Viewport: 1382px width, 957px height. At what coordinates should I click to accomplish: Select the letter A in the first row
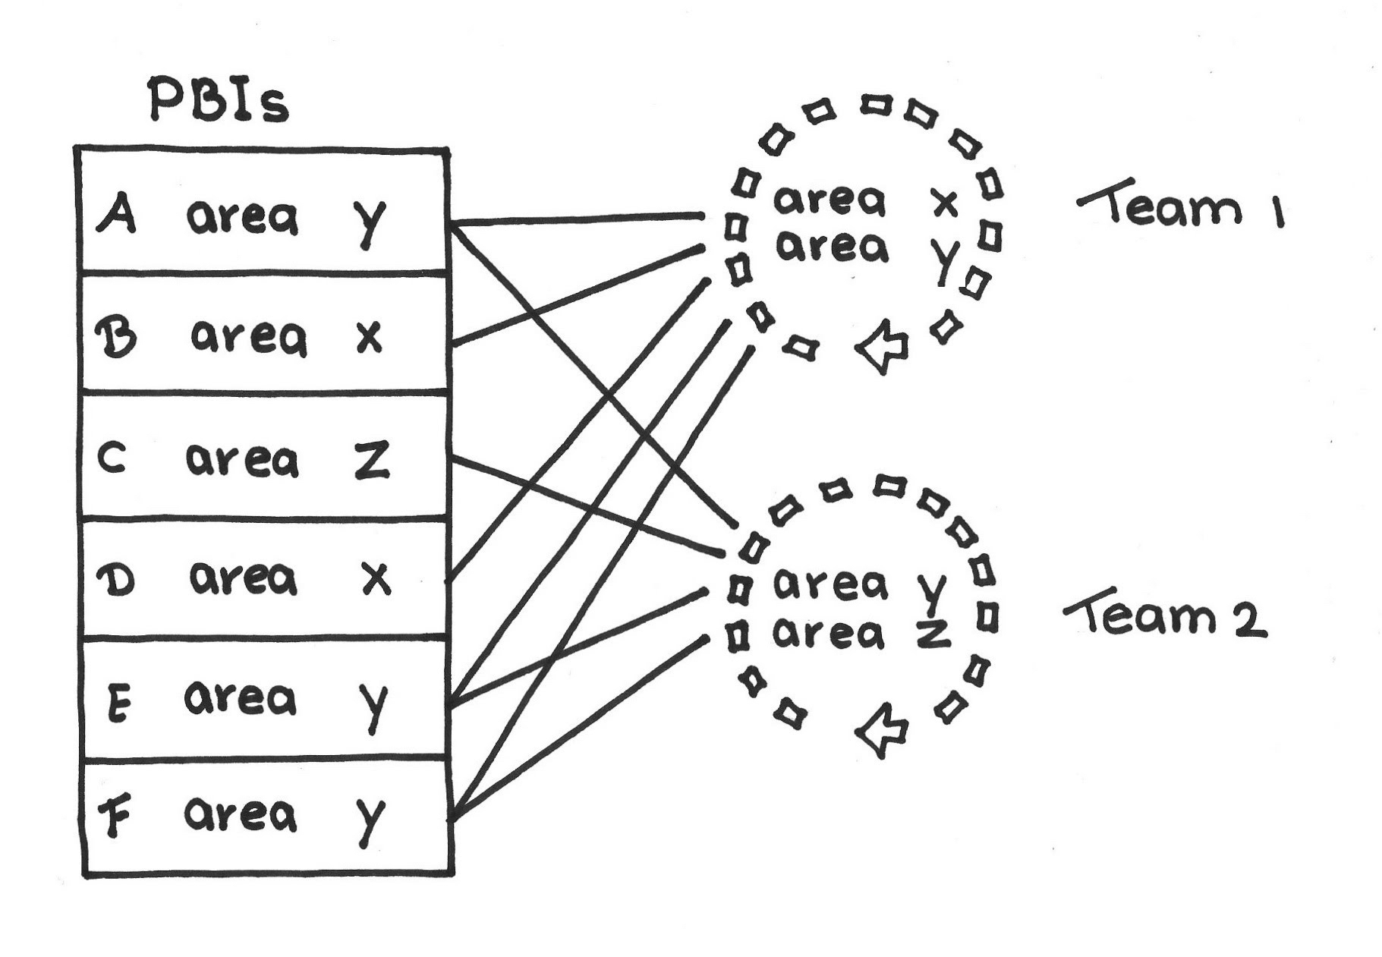click(x=117, y=213)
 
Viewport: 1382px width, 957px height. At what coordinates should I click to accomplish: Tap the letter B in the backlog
click(x=117, y=336)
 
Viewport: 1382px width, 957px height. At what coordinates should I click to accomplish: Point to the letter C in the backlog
click(x=112, y=459)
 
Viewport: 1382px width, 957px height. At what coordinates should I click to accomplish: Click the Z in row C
click(x=372, y=460)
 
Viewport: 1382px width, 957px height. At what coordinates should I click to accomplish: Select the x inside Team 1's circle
click(x=944, y=203)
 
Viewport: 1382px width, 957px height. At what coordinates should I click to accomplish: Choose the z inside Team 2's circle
click(x=933, y=634)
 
